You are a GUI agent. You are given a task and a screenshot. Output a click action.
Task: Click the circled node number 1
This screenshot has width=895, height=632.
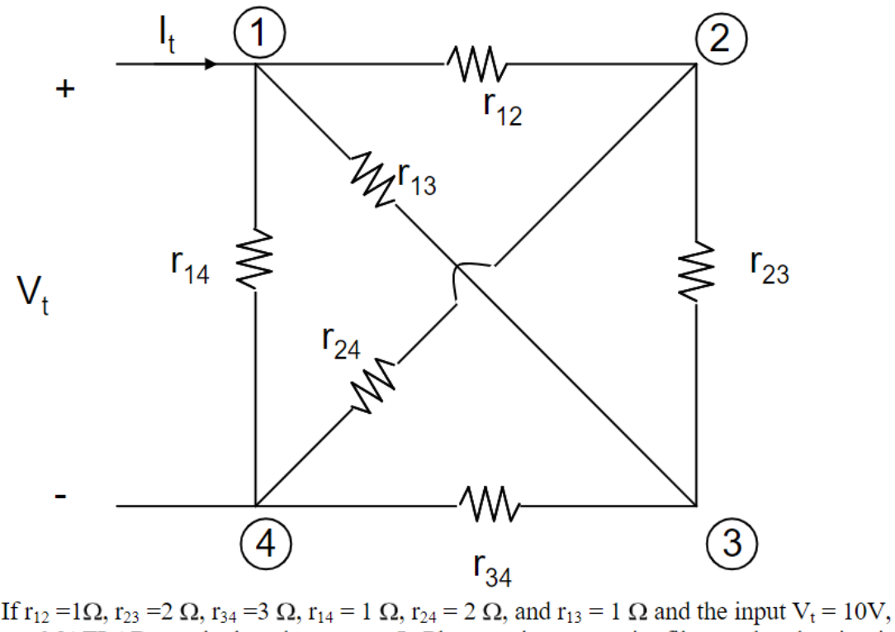(x=258, y=33)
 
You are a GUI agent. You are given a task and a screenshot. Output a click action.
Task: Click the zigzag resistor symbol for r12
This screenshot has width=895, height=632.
(x=476, y=61)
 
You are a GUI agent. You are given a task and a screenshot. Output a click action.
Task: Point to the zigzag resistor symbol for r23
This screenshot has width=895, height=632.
(x=696, y=271)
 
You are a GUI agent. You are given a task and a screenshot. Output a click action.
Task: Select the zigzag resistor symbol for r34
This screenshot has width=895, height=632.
(x=487, y=503)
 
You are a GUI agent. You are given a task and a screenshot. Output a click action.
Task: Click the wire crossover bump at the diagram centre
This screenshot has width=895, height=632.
(x=462, y=273)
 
